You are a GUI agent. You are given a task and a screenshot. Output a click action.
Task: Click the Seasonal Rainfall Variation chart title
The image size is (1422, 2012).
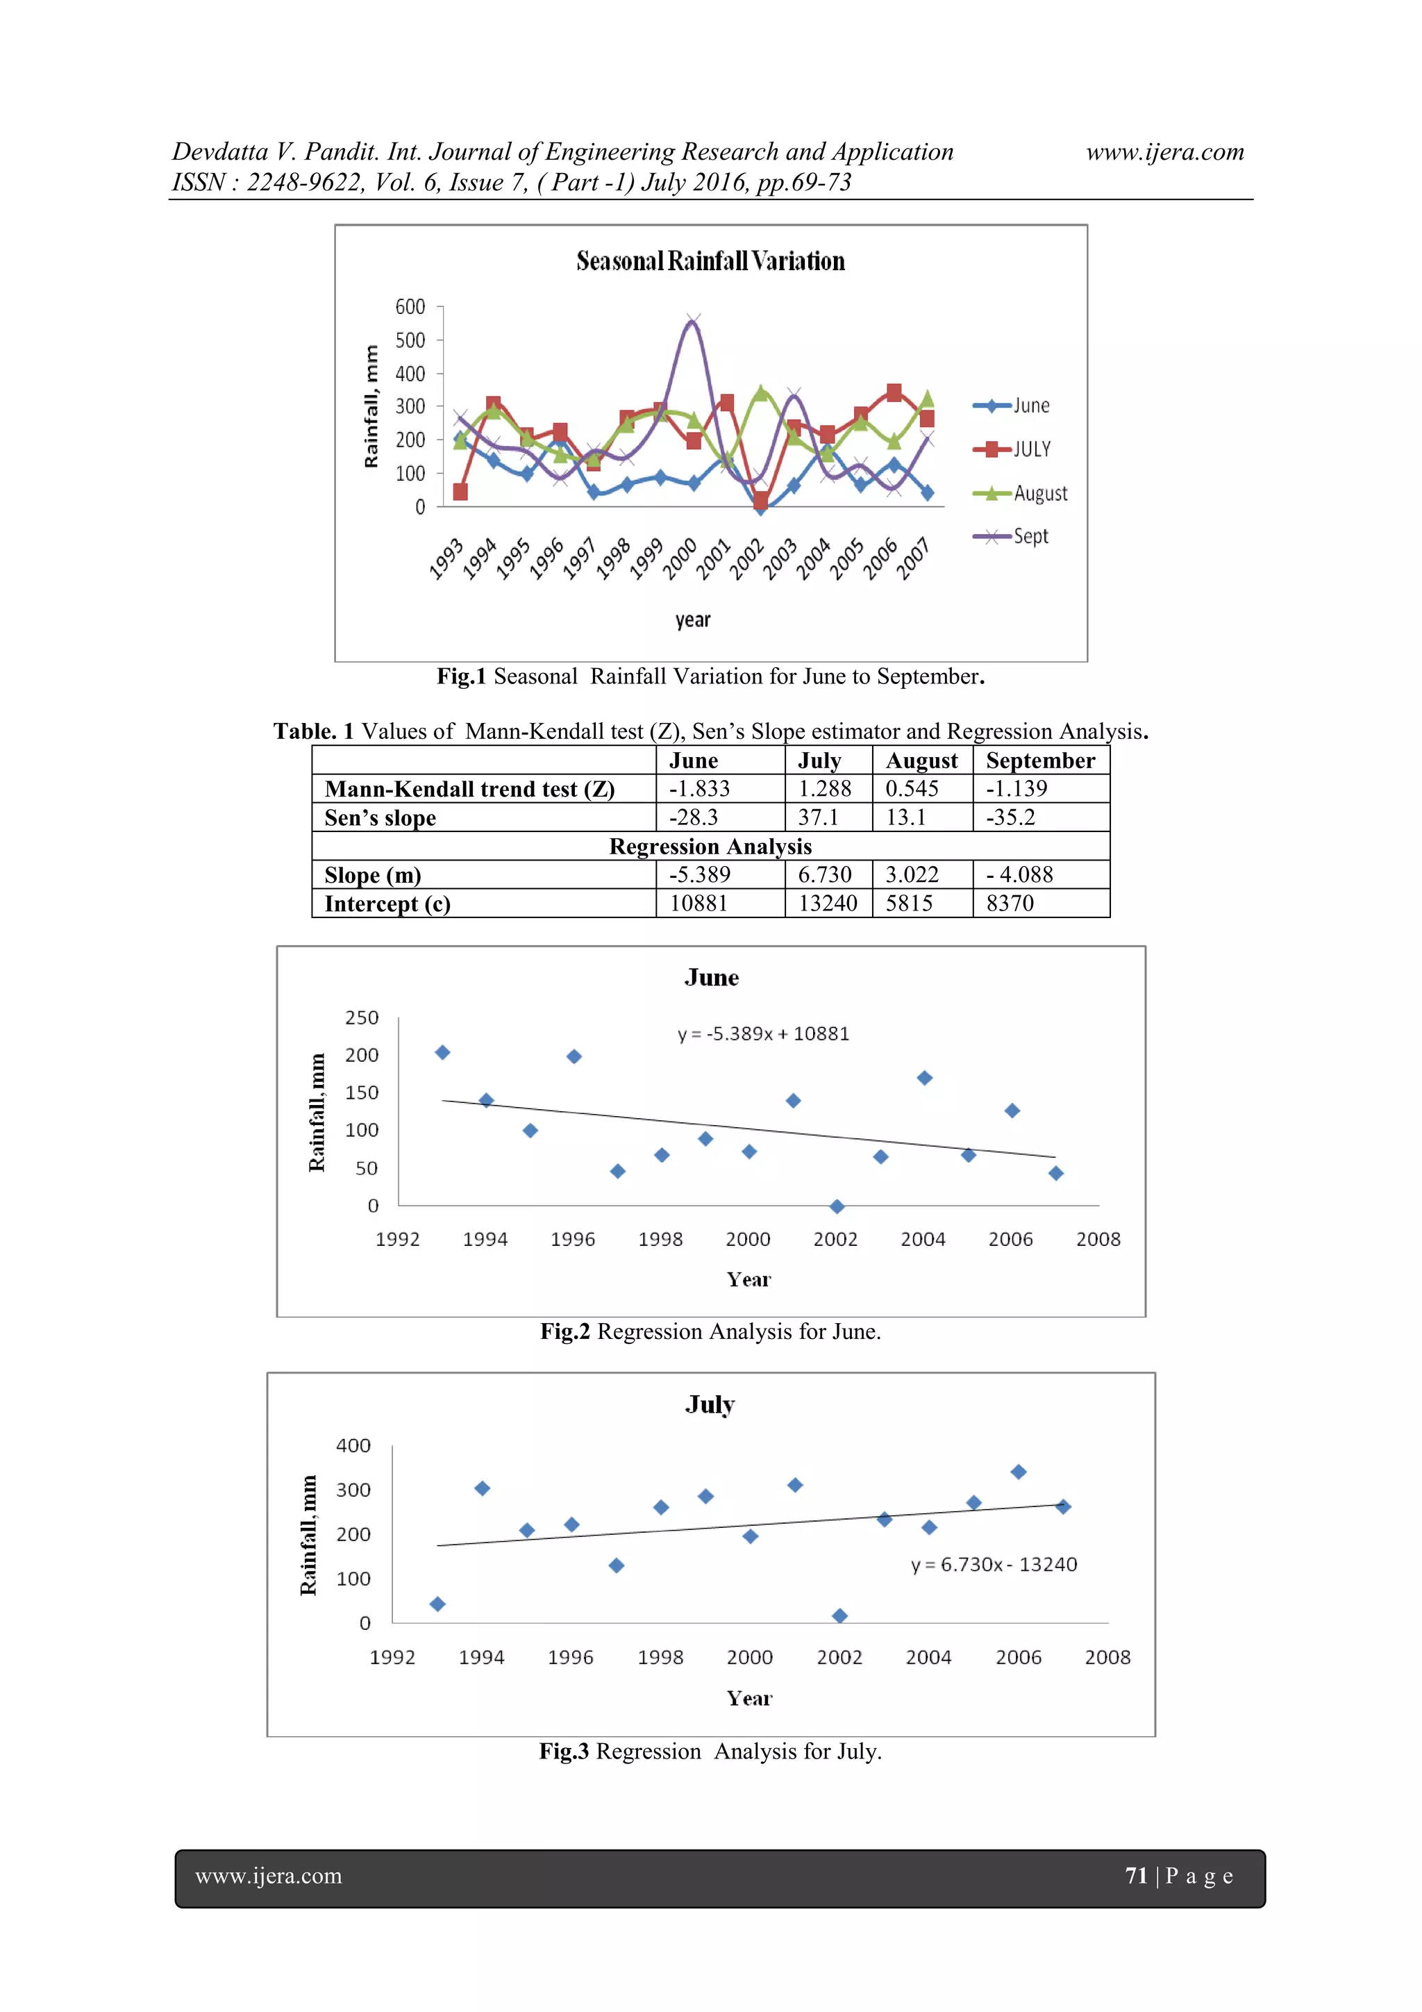[710, 261]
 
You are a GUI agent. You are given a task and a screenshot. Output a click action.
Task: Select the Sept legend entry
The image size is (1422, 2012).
[1030, 536]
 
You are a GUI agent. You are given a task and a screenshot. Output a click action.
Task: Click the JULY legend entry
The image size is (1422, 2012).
[1031, 449]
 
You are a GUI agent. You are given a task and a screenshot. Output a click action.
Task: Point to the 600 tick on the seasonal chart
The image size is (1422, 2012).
[410, 307]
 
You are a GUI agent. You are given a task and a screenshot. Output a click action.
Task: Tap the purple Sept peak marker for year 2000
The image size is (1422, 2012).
[693, 321]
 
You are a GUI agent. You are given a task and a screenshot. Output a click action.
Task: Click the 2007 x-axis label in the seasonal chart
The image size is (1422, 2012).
[914, 559]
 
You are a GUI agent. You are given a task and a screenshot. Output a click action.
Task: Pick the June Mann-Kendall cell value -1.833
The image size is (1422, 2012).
[699, 789]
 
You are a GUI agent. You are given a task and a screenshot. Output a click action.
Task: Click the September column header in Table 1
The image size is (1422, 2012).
[1040, 760]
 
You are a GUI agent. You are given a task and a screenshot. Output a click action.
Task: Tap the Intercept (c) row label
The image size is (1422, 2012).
[387, 904]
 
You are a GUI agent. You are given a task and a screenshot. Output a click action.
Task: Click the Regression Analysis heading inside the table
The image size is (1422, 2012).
[710, 847]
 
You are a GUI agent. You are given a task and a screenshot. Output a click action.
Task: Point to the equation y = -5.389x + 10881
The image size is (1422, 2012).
[763, 1034]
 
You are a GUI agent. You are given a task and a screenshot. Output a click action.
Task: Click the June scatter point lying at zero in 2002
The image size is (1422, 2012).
[837, 1206]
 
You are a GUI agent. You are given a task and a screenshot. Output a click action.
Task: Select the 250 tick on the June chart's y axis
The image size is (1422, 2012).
[362, 1018]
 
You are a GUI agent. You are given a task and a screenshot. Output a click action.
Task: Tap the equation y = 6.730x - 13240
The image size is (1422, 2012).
[994, 1565]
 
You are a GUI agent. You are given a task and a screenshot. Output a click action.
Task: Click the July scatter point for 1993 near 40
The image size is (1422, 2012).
[438, 1604]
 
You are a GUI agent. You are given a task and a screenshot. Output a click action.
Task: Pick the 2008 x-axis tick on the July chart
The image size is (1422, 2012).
[1107, 1658]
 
